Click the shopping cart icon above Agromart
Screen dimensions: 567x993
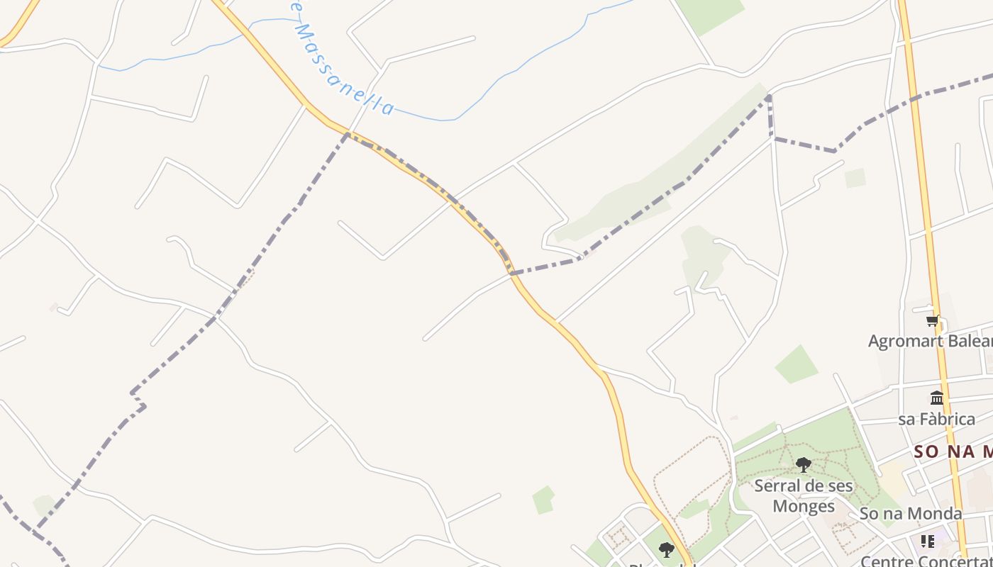pyautogui.click(x=933, y=320)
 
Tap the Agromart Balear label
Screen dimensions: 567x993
pyautogui.click(x=930, y=341)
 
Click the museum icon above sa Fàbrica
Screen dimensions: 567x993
pyautogui.click(x=937, y=398)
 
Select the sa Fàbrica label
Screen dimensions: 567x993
pyautogui.click(x=936, y=419)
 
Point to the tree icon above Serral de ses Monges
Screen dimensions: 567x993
pyautogui.click(x=803, y=465)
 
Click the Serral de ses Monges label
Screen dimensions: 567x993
pyautogui.click(x=804, y=496)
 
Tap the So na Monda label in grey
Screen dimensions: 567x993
pyautogui.click(x=911, y=513)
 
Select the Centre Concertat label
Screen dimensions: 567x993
pyautogui.click(x=926, y=561)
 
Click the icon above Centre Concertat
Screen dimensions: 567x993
pyautogui.click(x=927, y=541)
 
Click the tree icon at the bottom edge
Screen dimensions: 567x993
pyautogui.click(x=666, y=549)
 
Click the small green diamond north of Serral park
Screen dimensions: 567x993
pyautogui.click(x=796, y=364)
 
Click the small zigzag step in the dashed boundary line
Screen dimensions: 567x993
pyautogui.click(x=138, y=400)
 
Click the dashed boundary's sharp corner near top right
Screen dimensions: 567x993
pyautogui.click(x=770, y=97)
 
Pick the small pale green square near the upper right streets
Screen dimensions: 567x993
pyautogui.click(x=855, y=178)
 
